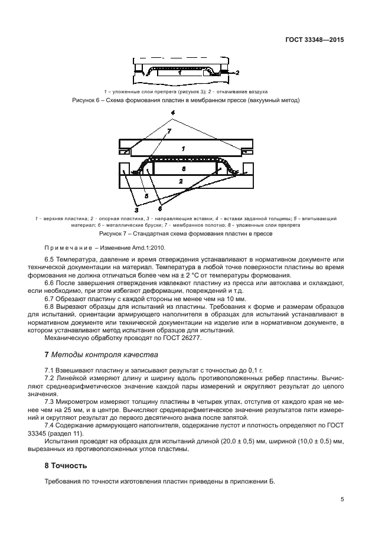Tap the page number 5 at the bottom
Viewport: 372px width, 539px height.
pyautogui.click(x=342, y=499)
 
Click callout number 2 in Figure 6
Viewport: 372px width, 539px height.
pyautogui.click(x=237, y=73)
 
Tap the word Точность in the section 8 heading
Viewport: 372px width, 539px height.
pyautogui.click(x=70, y=465)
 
